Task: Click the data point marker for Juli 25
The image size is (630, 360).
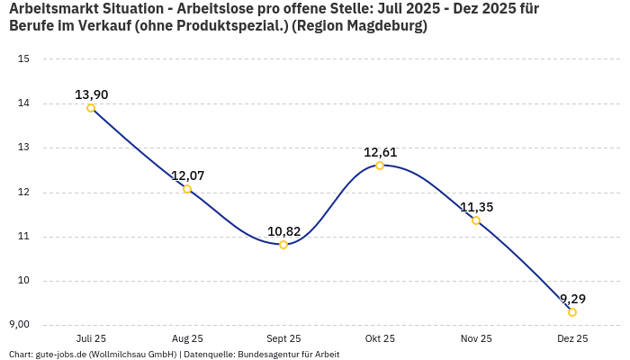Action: pyautogui.click(x=91, y=108)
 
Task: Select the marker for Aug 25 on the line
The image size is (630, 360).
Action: pyautogui.click(x=187, y=189)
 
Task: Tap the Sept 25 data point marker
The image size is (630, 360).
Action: pyautogui.click(x=283, y=245)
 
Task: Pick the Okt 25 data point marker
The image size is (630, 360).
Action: pyautogui.click(x=380, y=166)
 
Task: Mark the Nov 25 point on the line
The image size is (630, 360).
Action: pyautogui.click(x=476, y=220)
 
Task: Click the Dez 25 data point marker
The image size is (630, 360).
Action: pyautogui.click(x=572, y=312)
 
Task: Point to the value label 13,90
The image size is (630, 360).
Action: pyautogui.click(x=91, y=94)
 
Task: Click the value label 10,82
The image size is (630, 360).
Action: pyautogui.click(x=283, y=231)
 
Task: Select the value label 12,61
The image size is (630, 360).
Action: pyautogui.click(x=380, y=152)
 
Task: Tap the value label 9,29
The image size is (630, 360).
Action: pyautogui.click(x=572, y=299)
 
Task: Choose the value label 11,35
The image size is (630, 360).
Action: pyautogui.click(x=476, y=207)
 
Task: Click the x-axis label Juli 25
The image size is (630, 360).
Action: pyautogui.click(x=91, y=338)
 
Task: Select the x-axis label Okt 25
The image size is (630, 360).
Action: pyautogui.click(x=380, y=338)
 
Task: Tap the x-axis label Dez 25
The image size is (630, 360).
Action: pyautogui.click(x=572, y=338)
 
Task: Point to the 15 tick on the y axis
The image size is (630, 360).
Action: pyautogui.click(x=24, y=59)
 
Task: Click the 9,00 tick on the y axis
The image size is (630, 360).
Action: pyautogui.click(x=20, y=325)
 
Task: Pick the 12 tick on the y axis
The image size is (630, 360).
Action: pyautogui.click(x=24, y=192)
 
